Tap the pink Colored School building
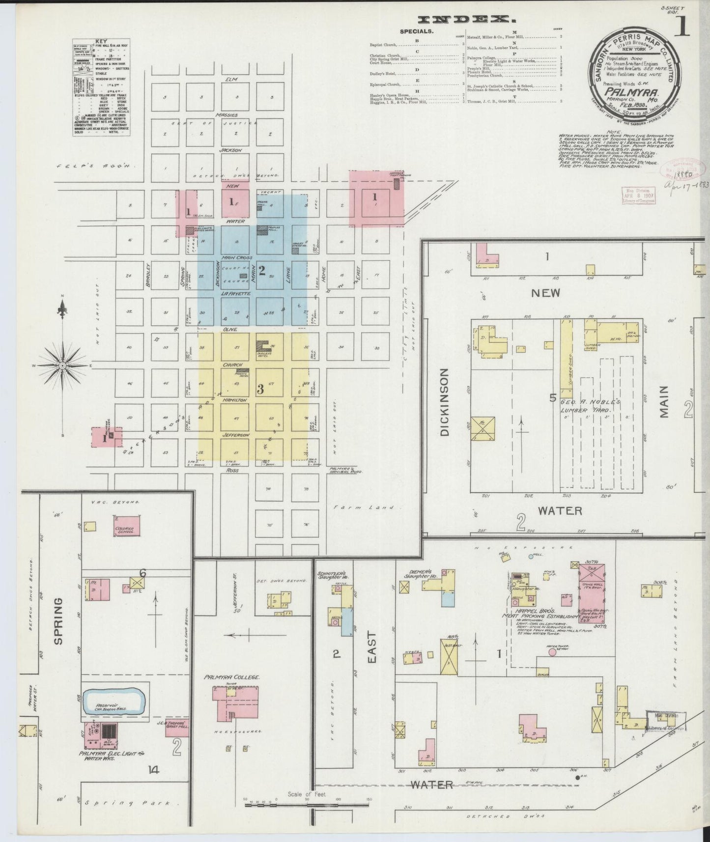[126, 526]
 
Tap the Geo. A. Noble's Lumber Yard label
[585, 405]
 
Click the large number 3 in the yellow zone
[260, 389]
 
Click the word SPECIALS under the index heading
[417, 31]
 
